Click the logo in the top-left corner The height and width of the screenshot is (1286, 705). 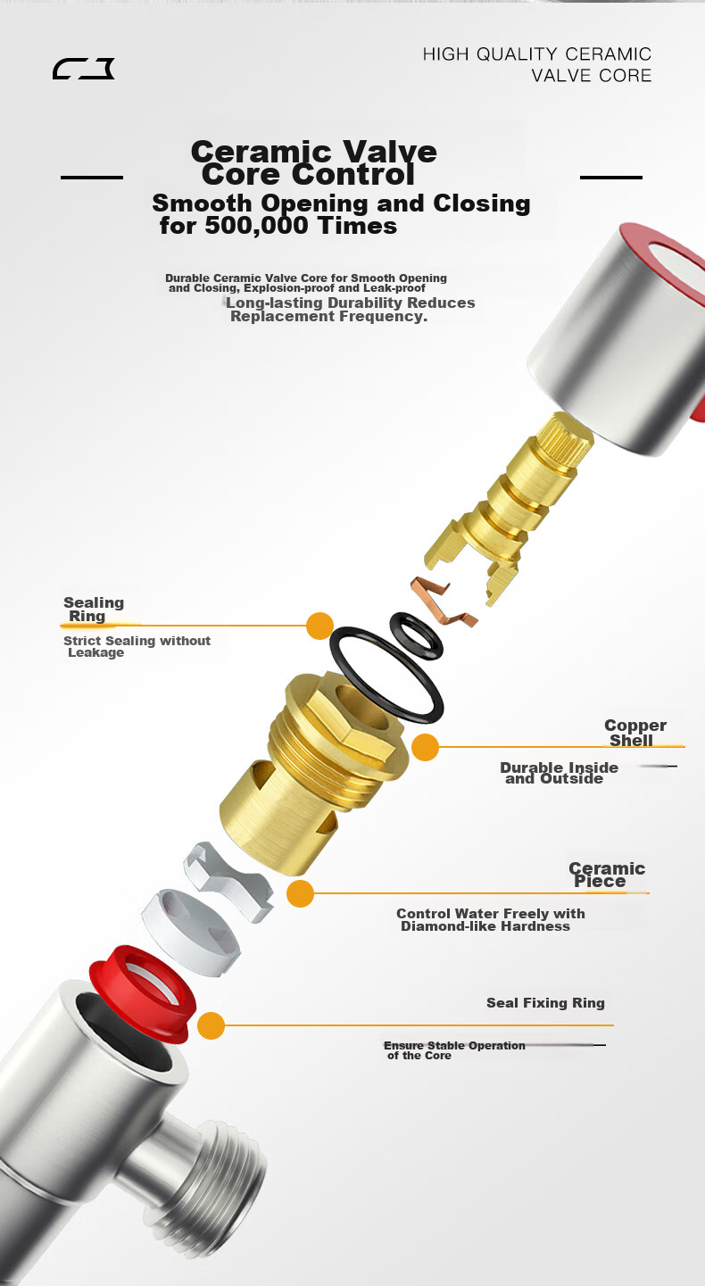click(x=83, y=69)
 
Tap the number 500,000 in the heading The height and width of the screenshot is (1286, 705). click(x=257, y=226)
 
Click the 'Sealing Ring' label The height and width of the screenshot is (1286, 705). click(x=94, y=610)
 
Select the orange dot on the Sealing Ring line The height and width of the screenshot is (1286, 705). click(x=319, y=626)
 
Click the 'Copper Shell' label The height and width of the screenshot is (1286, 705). click(x=635, y=733)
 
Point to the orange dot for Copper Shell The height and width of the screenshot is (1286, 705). click(x=426, y=747)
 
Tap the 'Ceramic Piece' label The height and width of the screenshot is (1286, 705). click(x=607, y=875)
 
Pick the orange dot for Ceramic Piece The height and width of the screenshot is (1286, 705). click(x=300, y=893)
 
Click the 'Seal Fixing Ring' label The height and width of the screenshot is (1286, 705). click(x=545, y=1003)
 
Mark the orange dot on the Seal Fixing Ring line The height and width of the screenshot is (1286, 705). click(x=211, y=1025)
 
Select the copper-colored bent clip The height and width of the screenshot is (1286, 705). click(x=443, y=602)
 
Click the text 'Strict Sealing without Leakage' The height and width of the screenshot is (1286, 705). click(x=137, y=646)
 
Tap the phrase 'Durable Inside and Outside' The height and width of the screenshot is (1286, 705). click(x=559, y=773)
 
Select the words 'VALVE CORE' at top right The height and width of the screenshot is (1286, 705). click(x=592, y=76)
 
